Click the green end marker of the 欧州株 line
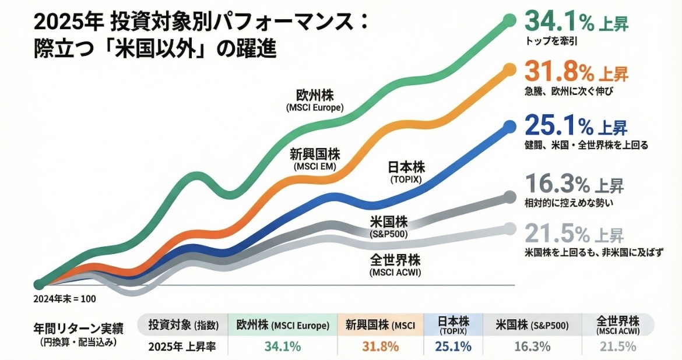click(x=509, y=22)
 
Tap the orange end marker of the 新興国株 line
click(x=509, y=70)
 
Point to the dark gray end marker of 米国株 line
click(x=509, y=196)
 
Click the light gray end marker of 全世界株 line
click(x=509, y=228)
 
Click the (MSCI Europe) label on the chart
click(x=315, y=108)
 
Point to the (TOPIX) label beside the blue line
click(x=406, y=181)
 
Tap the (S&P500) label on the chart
click(x=388, y=234)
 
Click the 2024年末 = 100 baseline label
click(x=65, y=298)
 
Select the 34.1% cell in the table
click(x=283, y=347)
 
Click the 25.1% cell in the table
click(x=453, y=347)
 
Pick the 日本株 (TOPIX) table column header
click(x=453, y=324)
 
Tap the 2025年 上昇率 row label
click(x=182, y=347)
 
